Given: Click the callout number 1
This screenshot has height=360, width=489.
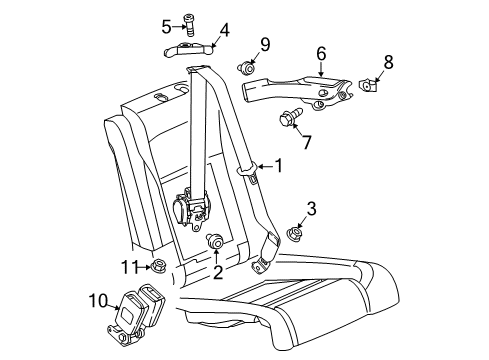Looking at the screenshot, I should (x=280, y=167).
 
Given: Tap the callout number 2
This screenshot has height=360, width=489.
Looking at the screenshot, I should (x=216, y=272).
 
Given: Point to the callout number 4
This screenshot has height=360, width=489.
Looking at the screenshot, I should (x=225, y=30).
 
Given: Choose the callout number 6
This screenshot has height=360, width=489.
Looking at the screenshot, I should (x=321, y=53).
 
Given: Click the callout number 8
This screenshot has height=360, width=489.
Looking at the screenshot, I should (x=388, y=62).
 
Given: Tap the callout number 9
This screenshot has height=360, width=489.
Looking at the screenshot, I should (x=264, y=43).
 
